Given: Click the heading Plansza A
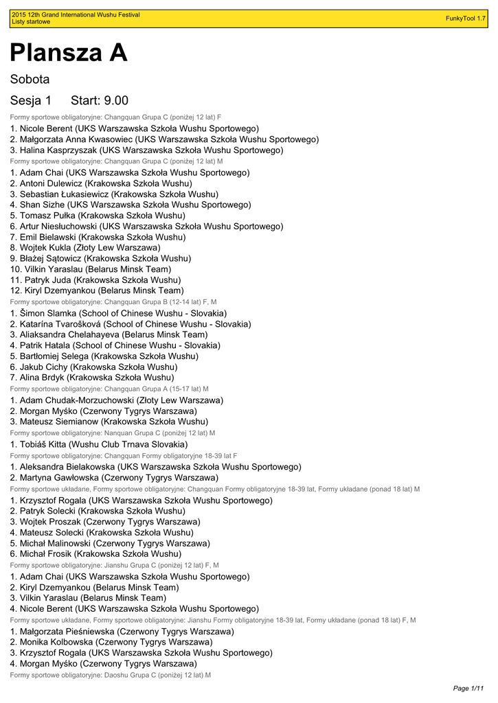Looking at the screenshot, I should click(x=69, y=53).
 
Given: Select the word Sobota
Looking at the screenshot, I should click(x=30, y=80).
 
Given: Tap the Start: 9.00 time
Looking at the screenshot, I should click(x=100, y=101).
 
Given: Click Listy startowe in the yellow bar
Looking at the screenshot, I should click(x=31, y=22).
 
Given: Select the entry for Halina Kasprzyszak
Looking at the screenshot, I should click(x=146, y=150).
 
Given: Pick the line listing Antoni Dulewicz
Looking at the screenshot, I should click(x=101, y=183).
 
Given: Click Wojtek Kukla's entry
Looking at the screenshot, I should click(x=85, y=247).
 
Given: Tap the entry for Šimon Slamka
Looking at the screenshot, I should click(x=118, y=313).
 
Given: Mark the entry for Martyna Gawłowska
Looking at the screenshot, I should click(x=114, y=477).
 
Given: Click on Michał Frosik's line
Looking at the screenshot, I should click(x=95, y=553).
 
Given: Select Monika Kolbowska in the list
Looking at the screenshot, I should click(x=111, y=642).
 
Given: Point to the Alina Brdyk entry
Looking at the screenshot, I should click(x=92, y=378).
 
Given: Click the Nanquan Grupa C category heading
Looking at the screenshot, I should click(x=112, y=433).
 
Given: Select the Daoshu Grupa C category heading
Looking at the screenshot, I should click(x=110, y=675).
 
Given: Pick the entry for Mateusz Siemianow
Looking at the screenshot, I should click(x=109, y=422).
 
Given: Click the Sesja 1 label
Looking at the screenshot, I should click(x=31, y=101).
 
